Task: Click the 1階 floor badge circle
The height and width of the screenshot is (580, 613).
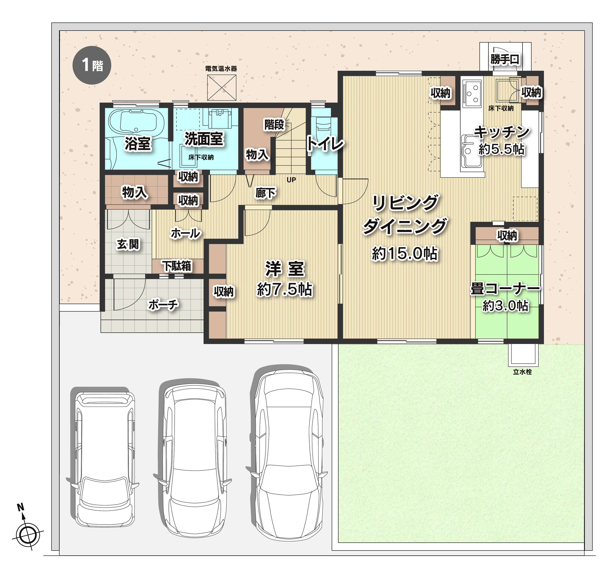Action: (92, 65)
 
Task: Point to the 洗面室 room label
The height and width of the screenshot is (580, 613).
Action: (204, 139)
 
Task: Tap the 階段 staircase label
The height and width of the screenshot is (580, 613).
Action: (274, 125)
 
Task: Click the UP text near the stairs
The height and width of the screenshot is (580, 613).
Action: (291, 180)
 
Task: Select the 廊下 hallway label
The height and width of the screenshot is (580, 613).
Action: (265, 193)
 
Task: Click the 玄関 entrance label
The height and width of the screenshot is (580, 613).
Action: (128, 244)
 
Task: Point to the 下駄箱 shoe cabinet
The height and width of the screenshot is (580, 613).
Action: (178, 266)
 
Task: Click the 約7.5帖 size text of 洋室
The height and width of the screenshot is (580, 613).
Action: (285, 290)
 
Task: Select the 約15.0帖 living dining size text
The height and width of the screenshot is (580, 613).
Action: (405, 254)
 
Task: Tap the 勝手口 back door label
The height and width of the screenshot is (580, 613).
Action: (505, 59)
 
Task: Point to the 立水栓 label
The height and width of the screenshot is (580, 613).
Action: (522, 372)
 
